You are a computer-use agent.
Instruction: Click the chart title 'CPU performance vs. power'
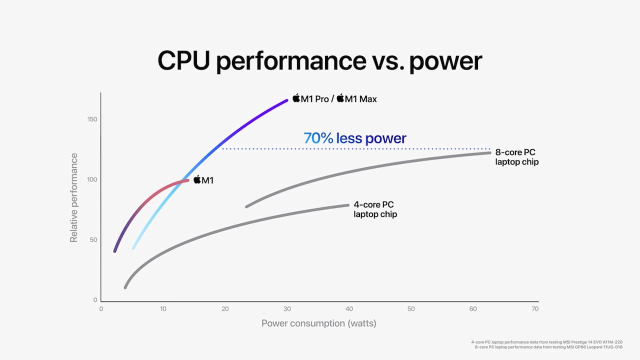click(x=320, y=61)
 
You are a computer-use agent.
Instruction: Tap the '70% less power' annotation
click(x=355, y=138)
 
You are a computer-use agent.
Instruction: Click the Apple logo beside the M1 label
click(x=197, y=179)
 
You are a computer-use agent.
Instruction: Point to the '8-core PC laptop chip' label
click(x=516, y=157)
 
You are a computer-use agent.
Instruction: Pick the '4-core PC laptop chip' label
click(x=375, y=209)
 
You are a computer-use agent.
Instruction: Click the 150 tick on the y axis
click(x=91, y=119)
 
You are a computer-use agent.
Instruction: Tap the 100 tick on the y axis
click(x=91, y=179)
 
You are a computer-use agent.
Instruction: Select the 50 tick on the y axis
click(x=93, y=240)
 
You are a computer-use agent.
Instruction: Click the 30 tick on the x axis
click(x=287, y=309)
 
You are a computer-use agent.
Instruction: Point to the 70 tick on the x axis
click(x=535, y=309)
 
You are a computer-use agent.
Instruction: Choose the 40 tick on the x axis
click(x=349, y=309)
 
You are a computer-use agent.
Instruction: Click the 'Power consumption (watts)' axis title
click(x=318, y=323)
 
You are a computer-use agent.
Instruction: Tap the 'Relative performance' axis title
click(x=74, y=198)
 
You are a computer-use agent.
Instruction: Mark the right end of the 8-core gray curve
click(x=489, y=152)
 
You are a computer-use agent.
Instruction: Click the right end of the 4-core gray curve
click(x=347, y=205)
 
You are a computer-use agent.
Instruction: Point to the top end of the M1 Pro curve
click(x=286, y=100)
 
